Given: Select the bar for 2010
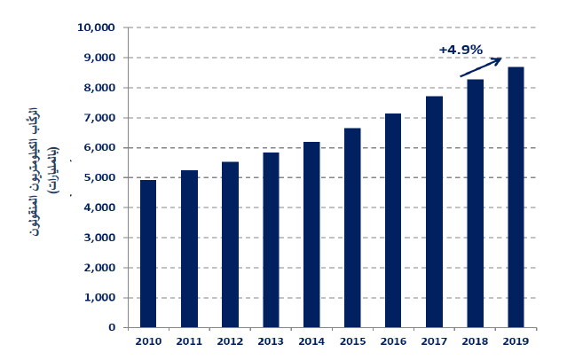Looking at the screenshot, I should [148, 254].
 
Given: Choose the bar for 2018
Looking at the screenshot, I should [476, 203].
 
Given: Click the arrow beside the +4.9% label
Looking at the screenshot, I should [481, 67].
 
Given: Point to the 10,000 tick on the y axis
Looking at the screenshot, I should [97, 27].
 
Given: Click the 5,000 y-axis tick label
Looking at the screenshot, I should [100, 177].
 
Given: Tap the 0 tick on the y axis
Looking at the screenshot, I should [113, 327].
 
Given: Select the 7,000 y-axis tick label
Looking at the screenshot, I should [100, 118].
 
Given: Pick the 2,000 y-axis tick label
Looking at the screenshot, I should [100, 268].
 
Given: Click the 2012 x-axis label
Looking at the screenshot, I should [230, 341].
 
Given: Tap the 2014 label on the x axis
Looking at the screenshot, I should [311, 341].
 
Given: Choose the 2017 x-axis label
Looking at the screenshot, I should [434, 341].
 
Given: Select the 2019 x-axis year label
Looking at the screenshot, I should [516, 341].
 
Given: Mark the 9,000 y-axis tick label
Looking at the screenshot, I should [100, 58].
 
